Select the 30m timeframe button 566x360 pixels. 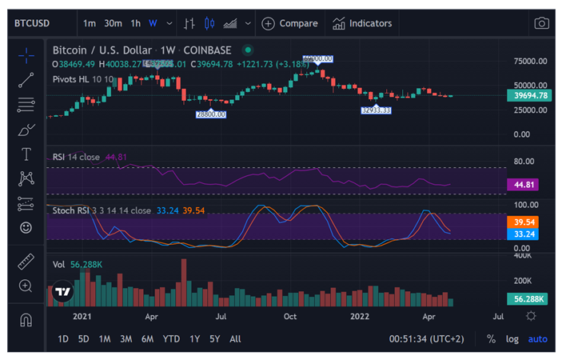[x=114, y=23]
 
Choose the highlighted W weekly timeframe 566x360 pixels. [x=153, y=23]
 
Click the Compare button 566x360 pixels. [x=289, y=23]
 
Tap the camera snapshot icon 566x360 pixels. [x=542, y=23]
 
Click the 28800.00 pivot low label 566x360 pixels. [x=211, y=114]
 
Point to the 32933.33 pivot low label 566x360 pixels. [x=376, y=110]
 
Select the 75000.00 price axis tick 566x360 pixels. [x=530, y=61]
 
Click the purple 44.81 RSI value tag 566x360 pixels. [x=528, y=185]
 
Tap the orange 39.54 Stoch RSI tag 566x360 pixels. [x=528, y=222]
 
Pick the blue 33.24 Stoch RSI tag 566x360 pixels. [x=528, y=234]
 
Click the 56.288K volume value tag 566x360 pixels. [x=528, y=298]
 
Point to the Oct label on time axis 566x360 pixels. [x=290, y=316]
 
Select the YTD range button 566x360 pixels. [x=171, y=339]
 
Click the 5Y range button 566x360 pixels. [x=214, y=339]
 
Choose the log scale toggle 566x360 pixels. [x=512, y=339]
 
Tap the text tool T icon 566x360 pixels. [x=26, y=154]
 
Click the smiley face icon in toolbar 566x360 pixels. [x=26, y=228]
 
